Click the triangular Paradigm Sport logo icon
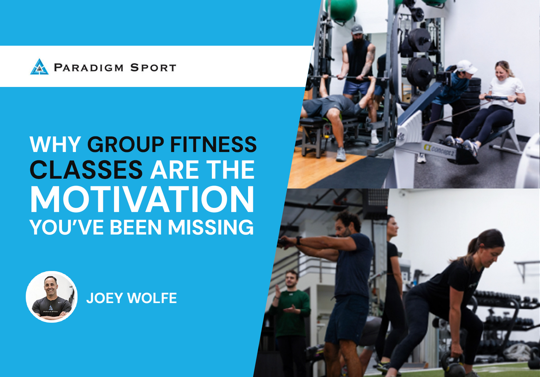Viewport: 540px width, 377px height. coord(39,67)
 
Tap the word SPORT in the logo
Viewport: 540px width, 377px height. coord(153,68)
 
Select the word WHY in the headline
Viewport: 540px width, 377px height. coord(55,144)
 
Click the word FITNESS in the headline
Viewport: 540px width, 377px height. coord(213,144)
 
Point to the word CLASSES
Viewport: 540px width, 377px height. coord(86,170)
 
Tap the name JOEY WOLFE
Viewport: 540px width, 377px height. coord(132,298)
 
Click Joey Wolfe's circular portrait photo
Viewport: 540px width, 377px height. coord(51,297)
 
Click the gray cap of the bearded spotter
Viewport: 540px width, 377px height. coord(357,29)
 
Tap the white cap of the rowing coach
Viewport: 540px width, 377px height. coord(467,66)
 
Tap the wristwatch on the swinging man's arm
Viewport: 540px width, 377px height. coord(299,241)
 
